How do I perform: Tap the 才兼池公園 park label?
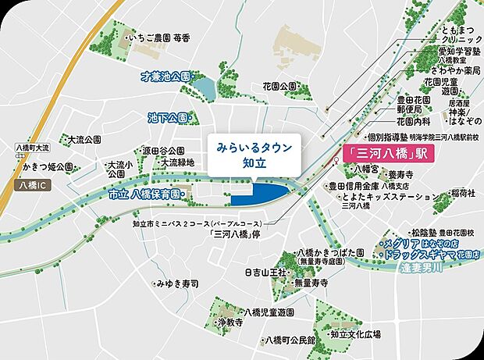pyautogui.click(x=165, y=77)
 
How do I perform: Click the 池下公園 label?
pyautogui.click(x=166, y=118)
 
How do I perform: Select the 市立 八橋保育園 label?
pyautogui.click(x=144, y=194)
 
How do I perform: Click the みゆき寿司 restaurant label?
pyautogui.click(x=177, y=283)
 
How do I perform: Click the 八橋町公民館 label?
pyautogui.click(x=290, y=340)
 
